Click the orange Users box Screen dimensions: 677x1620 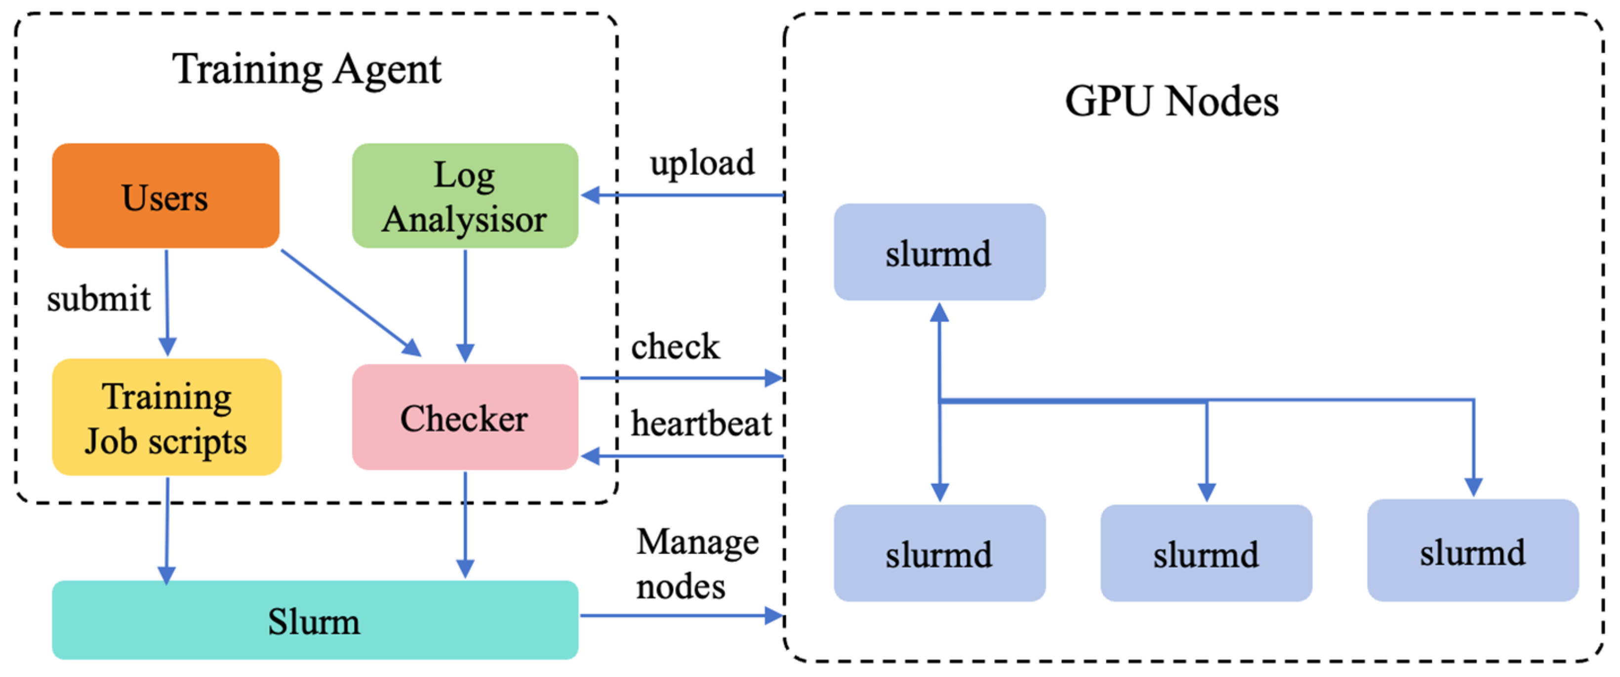click(165, 196)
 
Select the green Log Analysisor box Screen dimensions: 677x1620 click(465, 196)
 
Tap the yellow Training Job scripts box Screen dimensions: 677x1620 click(166, 417)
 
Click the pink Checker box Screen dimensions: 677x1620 click(465, 417)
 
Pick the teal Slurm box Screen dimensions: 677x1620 click(315, 620)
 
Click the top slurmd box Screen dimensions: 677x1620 click(939, 251)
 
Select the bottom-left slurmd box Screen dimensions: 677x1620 click(939, 553)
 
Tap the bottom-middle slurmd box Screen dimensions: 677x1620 click(1206, 553)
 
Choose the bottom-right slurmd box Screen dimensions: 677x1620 click(1472, 551)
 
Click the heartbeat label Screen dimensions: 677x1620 click(700, 423)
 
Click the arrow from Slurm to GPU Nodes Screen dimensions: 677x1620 click(679, 615)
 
